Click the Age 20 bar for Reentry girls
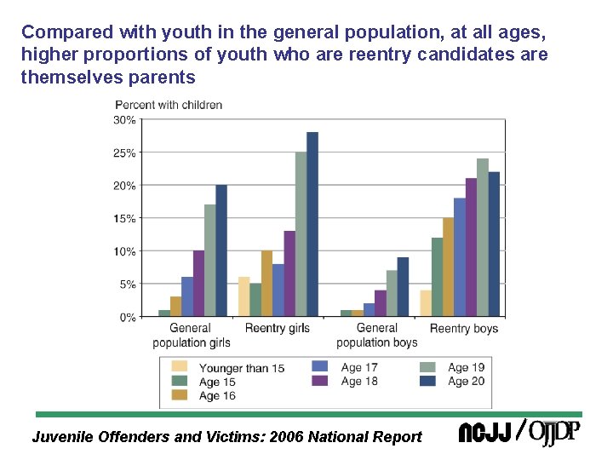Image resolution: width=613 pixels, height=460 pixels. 312,225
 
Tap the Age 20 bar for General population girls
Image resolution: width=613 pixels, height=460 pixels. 221,251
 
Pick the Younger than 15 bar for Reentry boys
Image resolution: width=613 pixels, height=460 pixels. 425,303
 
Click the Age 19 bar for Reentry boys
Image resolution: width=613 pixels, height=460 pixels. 482,238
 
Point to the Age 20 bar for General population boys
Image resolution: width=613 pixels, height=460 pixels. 403,287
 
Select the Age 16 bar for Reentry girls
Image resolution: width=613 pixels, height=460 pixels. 266,284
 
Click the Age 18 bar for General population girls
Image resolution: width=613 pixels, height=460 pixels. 198,284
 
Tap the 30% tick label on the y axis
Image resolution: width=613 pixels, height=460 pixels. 124,120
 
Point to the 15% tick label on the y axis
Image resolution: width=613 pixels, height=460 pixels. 124,219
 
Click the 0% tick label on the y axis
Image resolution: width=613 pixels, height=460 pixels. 127,317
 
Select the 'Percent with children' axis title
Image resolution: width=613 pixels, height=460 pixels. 169,105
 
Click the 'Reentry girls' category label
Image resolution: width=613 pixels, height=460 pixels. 277,328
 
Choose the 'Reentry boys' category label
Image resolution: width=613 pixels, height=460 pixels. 463,328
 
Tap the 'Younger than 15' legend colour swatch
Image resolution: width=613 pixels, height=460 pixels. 180,368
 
